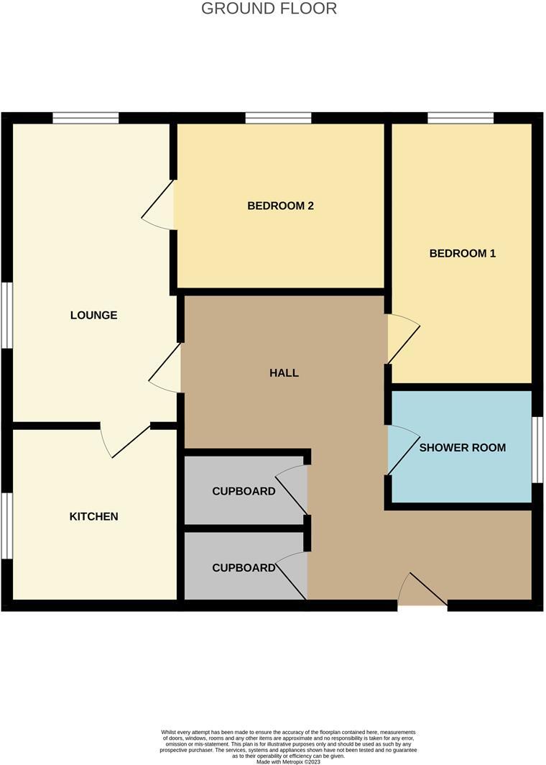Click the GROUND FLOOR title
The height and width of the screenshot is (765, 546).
pos(269,9)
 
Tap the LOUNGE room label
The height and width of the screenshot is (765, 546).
pos(93,315)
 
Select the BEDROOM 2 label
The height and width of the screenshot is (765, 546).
pos(280,206)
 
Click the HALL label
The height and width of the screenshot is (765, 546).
pos(284,372)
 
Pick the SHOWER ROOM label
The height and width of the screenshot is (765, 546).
pos(462,447)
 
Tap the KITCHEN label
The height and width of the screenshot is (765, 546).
pos(93,516)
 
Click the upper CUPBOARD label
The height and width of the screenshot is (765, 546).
pos(244,492)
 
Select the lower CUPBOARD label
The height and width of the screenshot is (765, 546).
pos(244,568)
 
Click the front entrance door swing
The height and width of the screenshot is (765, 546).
pos(422,590)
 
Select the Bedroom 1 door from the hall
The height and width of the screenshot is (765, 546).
pos(402,339)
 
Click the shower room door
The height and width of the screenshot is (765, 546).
pos(402,449)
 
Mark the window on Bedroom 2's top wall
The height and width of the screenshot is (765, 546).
pos(278,118)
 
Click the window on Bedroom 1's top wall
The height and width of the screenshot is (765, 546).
pos(461,118)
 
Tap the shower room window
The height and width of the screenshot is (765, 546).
pos(537,449)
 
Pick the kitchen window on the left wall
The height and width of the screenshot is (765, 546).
pos(6,525)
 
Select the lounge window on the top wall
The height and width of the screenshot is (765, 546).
pos(85,118)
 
